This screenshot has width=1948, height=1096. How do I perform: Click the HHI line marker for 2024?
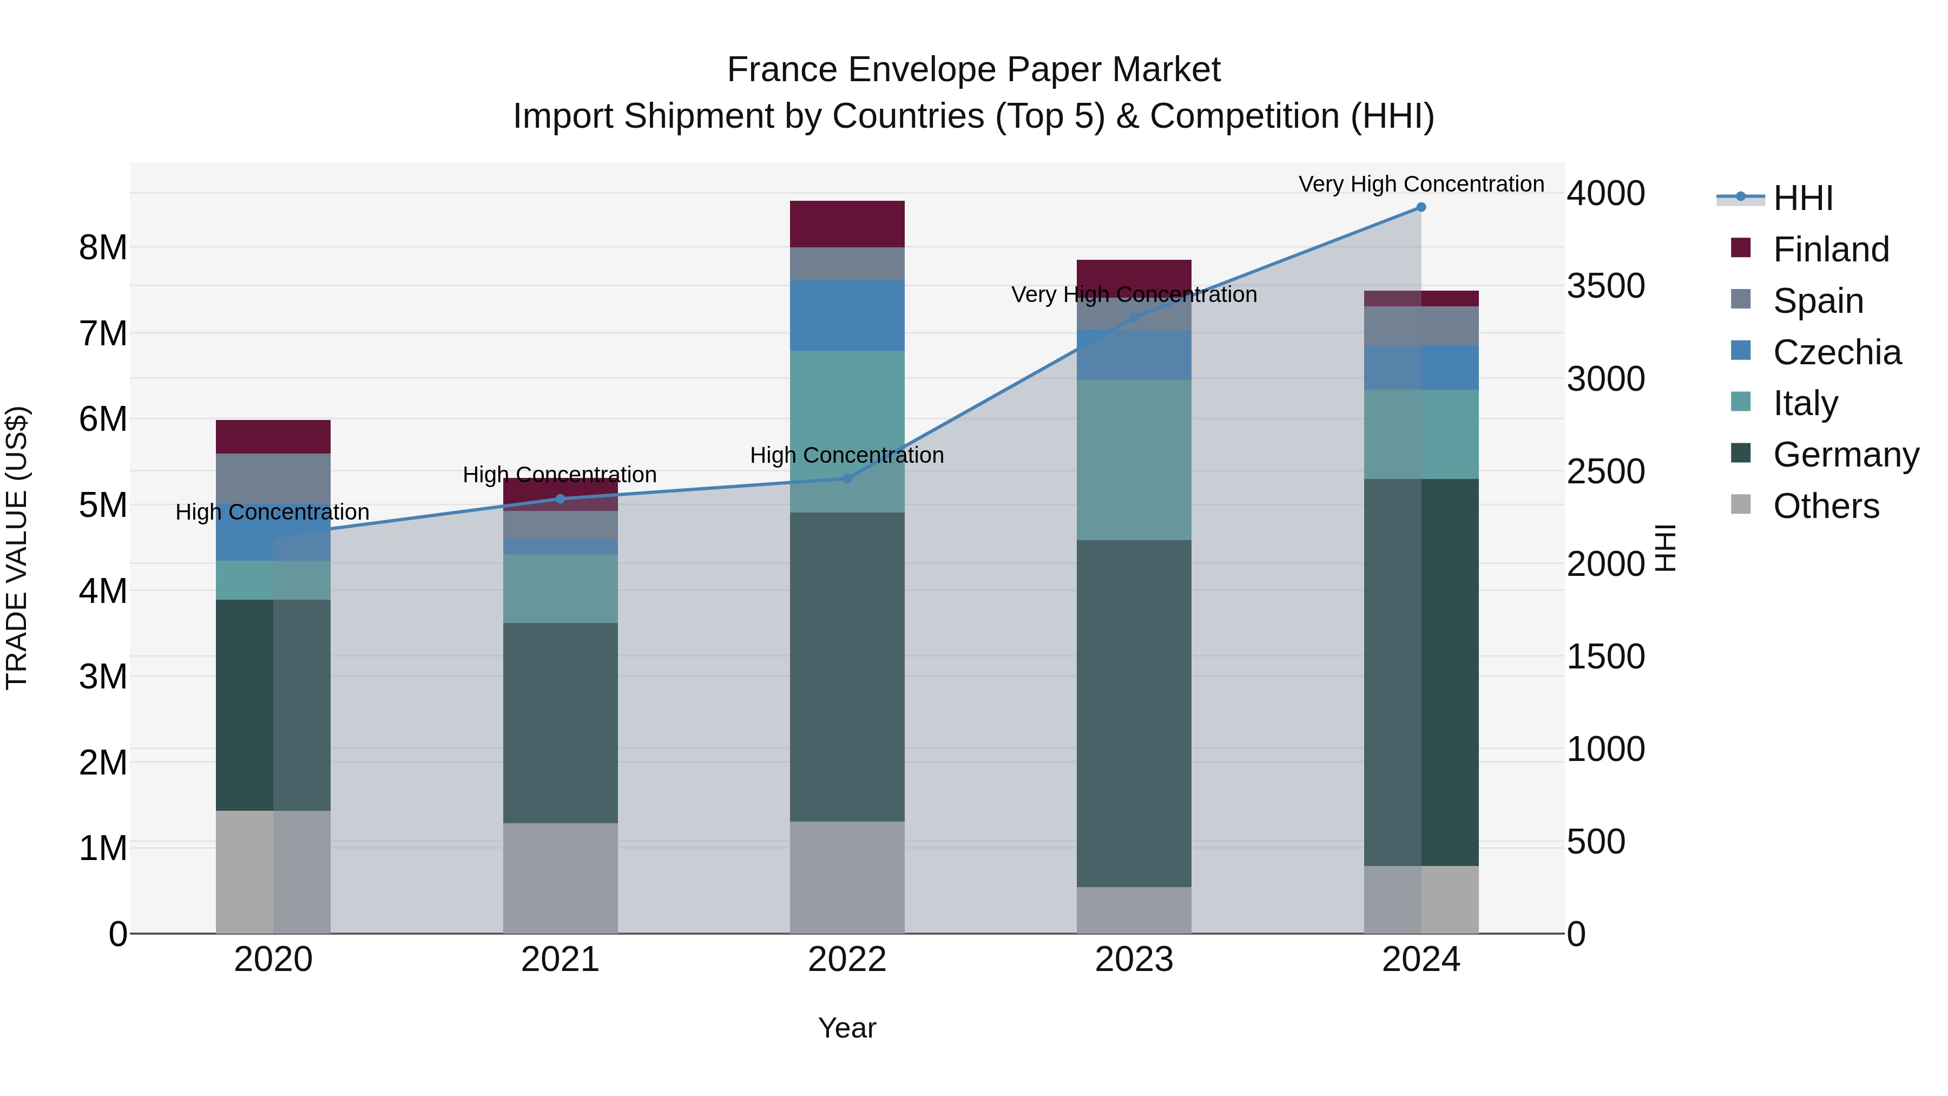point(1421,207)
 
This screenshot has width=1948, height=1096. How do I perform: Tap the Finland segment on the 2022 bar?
point(847,224)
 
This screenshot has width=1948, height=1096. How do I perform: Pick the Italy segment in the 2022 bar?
point(847,431)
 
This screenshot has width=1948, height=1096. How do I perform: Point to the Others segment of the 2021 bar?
point(561,877)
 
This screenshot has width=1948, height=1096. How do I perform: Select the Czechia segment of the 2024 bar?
point(1421,367)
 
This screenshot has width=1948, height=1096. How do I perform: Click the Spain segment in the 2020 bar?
point(273,478)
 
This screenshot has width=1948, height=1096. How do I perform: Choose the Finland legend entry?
point(1830,250)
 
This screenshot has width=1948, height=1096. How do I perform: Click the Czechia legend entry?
point(1836,352)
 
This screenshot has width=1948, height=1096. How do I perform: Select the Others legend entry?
point(1826,506)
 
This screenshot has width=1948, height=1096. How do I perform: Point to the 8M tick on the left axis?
point(103,247)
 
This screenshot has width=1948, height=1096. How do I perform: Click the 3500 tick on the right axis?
point(1605,286)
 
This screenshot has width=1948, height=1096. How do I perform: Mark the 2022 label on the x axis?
point(847,960)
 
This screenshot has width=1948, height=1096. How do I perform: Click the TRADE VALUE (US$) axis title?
point(17,548)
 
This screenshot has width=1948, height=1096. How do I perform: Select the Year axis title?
point(847,1028)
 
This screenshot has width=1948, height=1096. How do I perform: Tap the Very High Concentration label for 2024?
point(1421,184)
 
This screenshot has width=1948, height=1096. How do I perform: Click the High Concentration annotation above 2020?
point(272,512)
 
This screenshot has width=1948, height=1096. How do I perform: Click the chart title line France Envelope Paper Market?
point(973,70)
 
